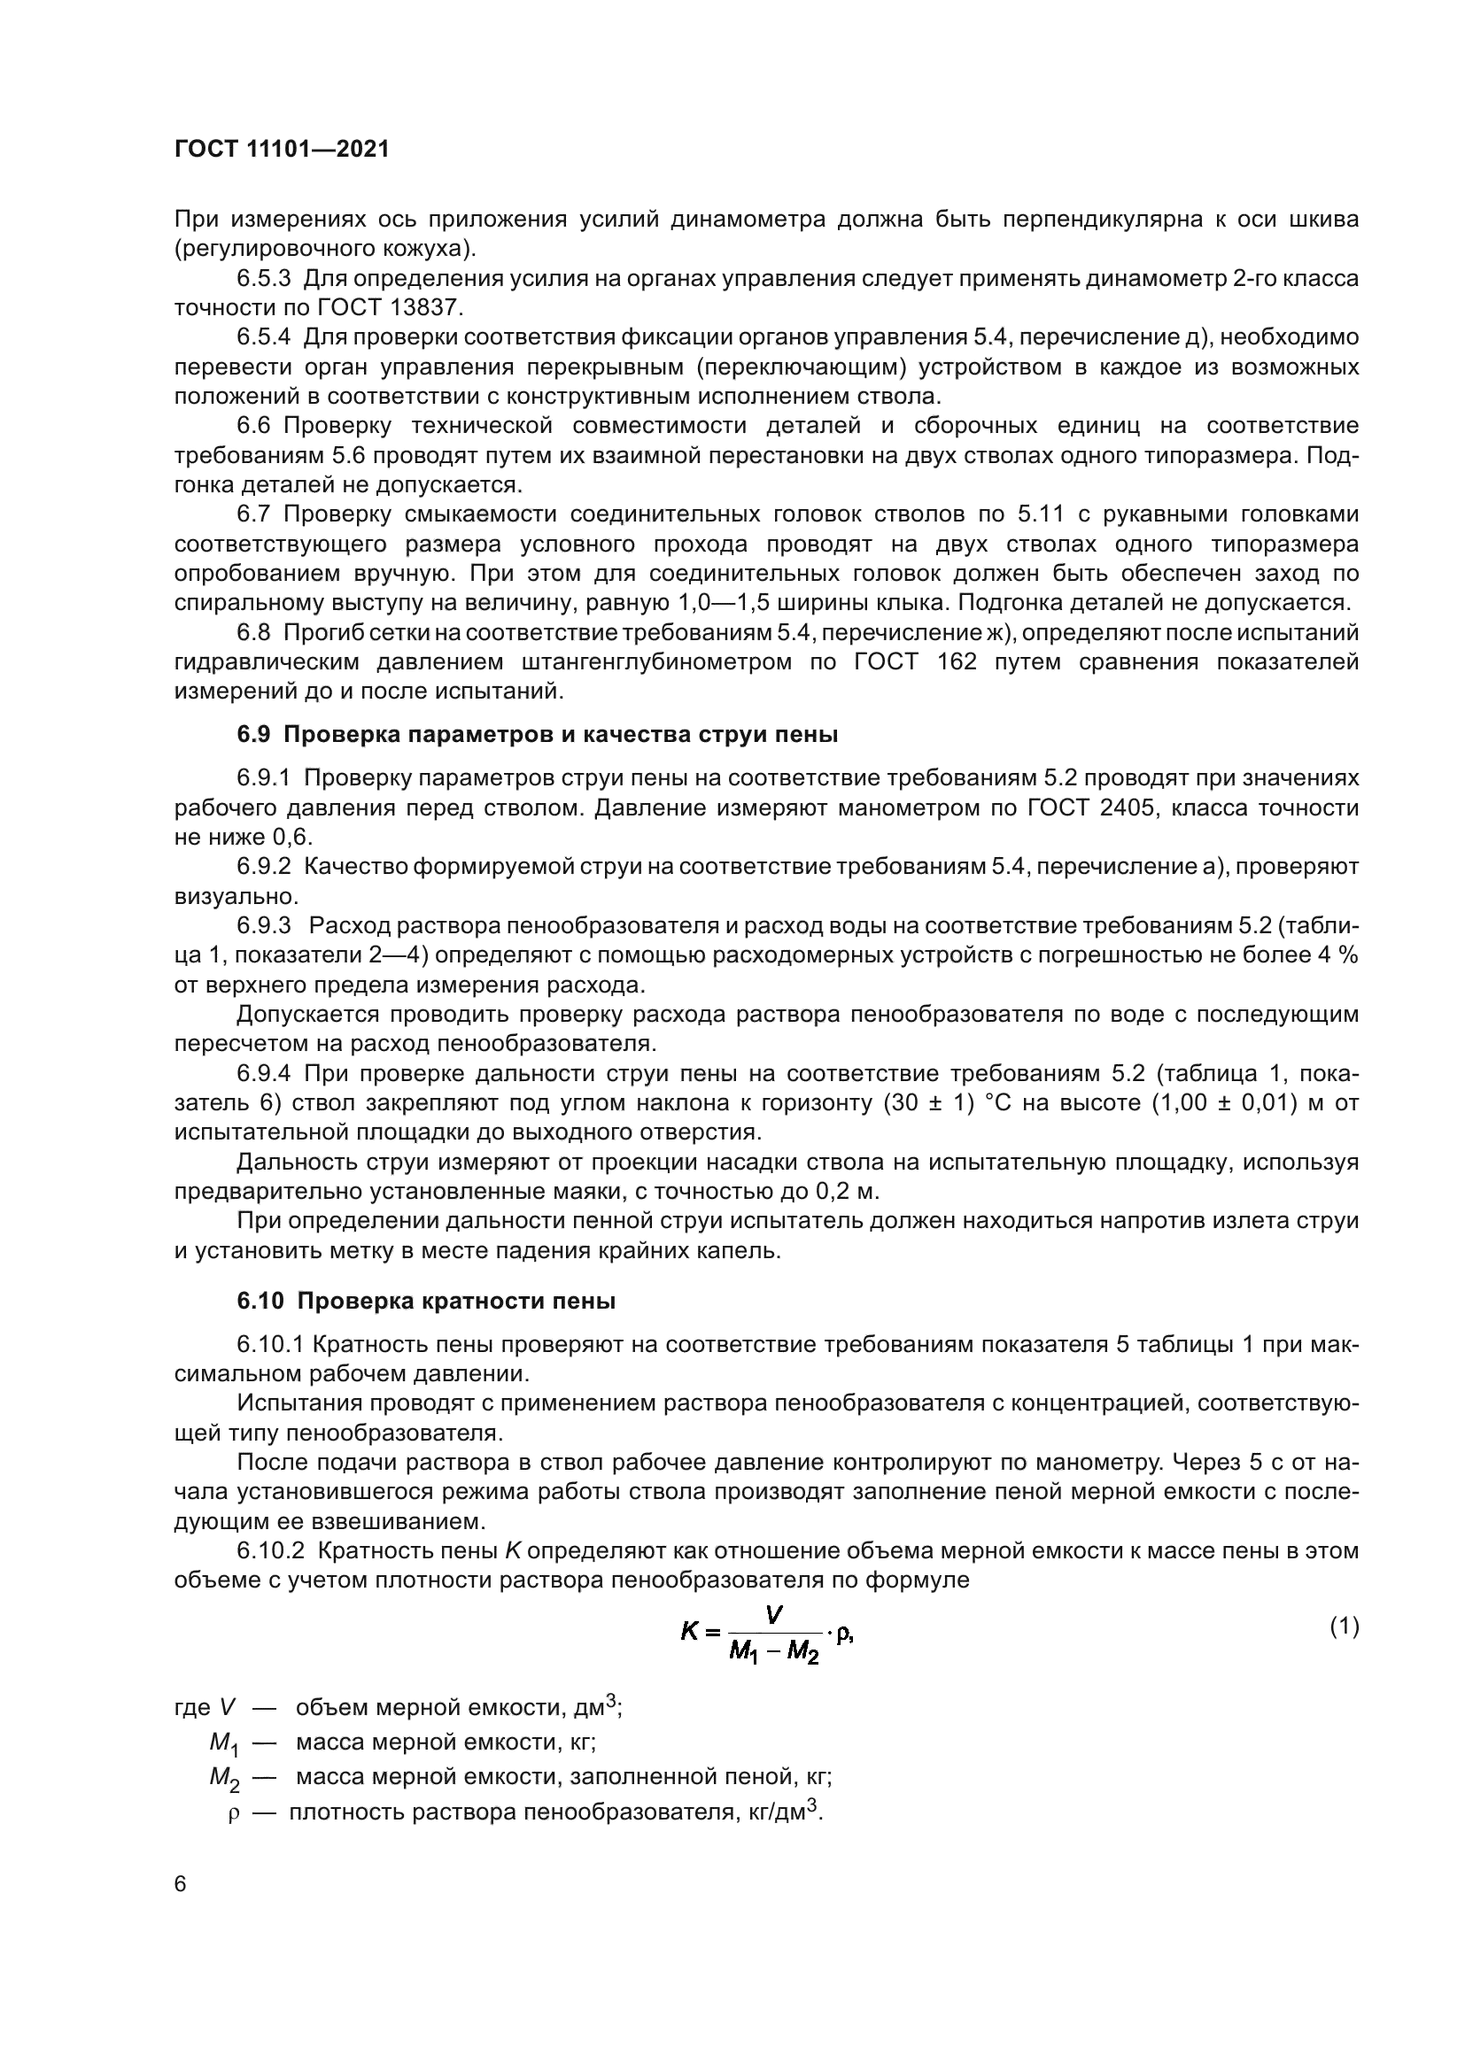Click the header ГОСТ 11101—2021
coord(282,150)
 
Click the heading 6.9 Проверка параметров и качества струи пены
coord(538,735)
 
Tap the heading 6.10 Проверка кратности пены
coord(427,1302)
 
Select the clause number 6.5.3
coord(263,279)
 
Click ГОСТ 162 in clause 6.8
coord(914,662)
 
